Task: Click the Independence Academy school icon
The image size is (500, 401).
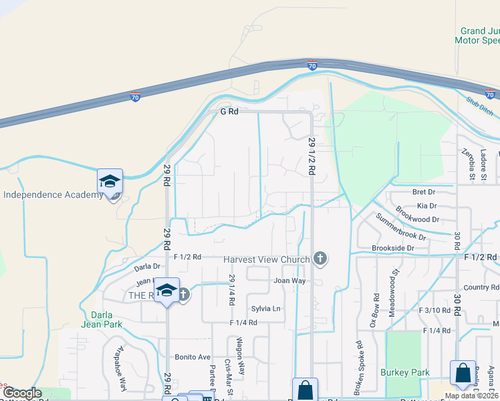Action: (110, 181)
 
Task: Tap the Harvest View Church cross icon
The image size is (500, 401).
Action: (320, 259)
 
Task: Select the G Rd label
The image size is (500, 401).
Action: (229, 112)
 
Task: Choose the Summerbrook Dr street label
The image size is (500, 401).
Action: (400, 227)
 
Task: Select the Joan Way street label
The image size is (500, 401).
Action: (289, 281)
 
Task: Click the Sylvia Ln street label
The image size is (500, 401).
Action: (265, 308)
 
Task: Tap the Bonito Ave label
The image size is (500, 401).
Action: (193, 358)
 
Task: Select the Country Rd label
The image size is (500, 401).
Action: (481, 288)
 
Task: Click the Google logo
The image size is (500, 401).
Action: (22, 393)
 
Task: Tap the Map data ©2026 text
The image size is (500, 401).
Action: (471, 396)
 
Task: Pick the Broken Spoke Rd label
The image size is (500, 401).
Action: (358, 365)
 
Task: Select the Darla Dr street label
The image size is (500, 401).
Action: (148, 267)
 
